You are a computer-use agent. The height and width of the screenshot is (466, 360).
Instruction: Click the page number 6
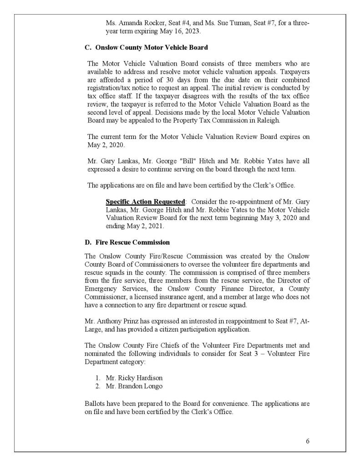[308, 441]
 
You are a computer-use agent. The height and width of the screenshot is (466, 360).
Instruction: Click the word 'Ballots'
[95, 404]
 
